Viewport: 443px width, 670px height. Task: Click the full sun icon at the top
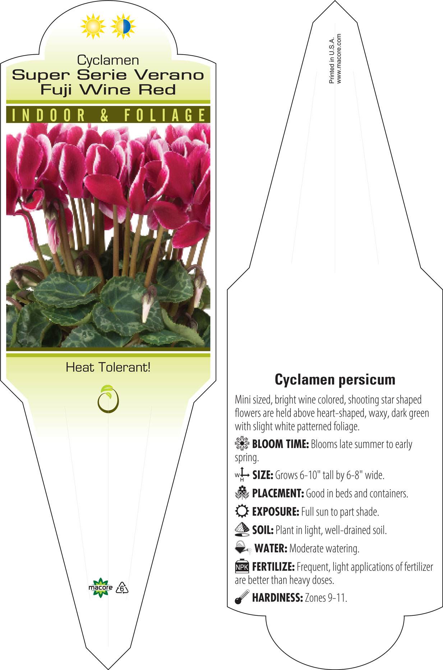pos(93,26)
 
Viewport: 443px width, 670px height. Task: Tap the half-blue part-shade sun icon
pos(123,26)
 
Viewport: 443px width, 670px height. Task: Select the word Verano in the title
pos(169,75)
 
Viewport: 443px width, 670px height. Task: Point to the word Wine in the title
pos(105,89)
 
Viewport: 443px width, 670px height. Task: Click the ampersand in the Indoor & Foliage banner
pos(104,115)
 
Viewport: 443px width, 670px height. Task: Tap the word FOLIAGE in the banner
pos(165,115)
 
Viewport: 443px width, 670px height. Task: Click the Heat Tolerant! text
pos(108,367)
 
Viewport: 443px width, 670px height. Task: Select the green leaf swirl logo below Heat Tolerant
pos(108,399)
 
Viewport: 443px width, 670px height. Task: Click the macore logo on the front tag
pos(100,588)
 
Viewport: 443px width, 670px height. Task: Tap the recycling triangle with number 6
pos(122,588)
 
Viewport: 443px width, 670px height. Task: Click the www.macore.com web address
pos(339,59)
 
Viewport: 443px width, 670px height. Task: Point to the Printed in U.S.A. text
pos(332,60)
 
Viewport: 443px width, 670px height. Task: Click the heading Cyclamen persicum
pos(335,379)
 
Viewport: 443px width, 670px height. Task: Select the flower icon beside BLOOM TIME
pos(242,443)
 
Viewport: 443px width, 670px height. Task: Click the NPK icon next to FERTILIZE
pos(242,566)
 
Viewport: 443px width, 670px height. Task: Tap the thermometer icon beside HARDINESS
pos(242,597)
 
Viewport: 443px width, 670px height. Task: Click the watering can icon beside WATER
pos(243,548)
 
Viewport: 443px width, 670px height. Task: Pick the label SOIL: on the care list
pos(263,530)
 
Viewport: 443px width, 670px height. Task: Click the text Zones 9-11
pos(326,598)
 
